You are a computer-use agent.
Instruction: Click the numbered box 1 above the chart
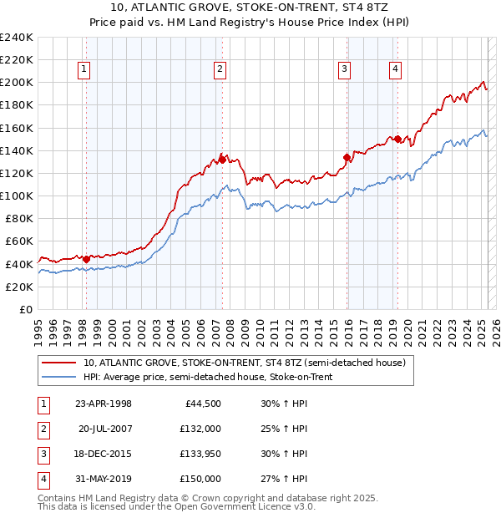[x=85, y=70]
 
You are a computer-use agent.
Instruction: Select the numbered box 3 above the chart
[x=344, y=70]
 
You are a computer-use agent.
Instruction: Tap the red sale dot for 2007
[x=222, y=160]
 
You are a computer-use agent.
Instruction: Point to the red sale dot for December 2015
[x=347, y=157]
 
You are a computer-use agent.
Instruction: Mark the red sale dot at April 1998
[x=86, y=258]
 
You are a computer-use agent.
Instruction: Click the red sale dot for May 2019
[x=397, y=139]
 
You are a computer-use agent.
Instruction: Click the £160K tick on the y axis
[x=17, y=128]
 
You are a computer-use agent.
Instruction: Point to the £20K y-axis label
[x=19, y=287]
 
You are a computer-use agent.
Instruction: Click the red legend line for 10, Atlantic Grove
[x=58, y=363]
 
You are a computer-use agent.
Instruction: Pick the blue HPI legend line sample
[x=58, y=377]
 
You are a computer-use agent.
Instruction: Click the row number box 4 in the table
[x=43, y=479]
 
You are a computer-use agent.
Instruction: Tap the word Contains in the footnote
[x=58, y=498]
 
